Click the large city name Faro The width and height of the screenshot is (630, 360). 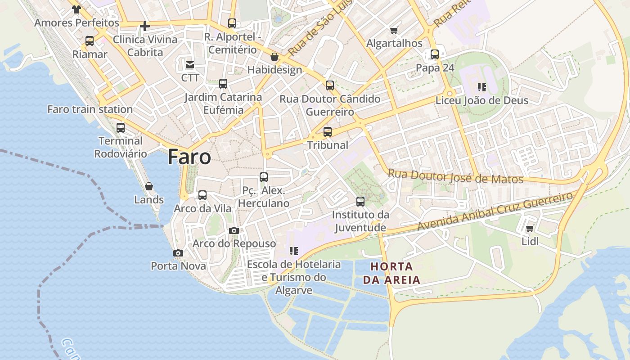tap(189, 157)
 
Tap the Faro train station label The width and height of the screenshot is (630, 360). tap(90, 109)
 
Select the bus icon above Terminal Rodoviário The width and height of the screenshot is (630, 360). tap(121, 128)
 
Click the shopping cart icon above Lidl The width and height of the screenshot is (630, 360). tap(530, 229)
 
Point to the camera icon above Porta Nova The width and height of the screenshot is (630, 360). tap(178, 253)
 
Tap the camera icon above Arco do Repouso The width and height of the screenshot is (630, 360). tap(234, 230)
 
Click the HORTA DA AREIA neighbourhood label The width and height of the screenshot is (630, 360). tap(391, 273)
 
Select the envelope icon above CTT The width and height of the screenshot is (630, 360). tap(190, 65)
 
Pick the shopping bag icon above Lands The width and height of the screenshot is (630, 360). tap(149, 186)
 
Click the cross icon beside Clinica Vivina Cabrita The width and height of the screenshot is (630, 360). tap(145, 26)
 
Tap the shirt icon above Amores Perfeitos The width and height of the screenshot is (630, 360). tap(76, 9)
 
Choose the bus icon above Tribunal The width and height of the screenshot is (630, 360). tap(328, 132)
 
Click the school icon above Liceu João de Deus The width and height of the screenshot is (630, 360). tap(482, 87)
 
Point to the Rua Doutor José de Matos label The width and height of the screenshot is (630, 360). tap(455, 176)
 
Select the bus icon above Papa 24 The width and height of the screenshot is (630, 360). tap(435, 54)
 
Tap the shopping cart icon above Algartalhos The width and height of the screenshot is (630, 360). tap(394, 30)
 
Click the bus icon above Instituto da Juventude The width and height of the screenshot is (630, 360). tap(360, 201)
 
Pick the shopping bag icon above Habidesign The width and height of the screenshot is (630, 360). tap(274, 57)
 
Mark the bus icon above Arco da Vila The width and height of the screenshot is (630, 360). tap(202, 195)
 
